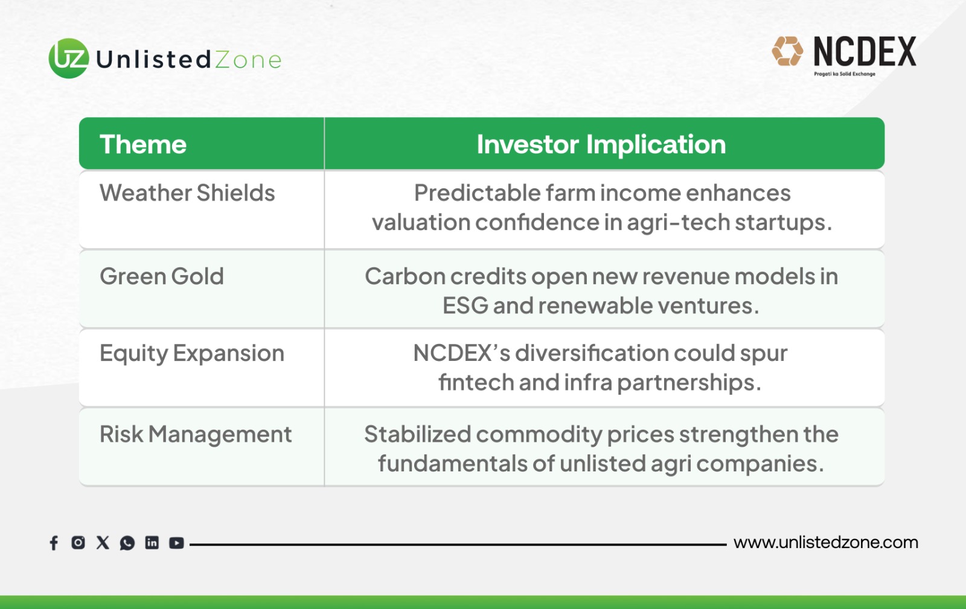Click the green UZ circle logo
tap(69, 58)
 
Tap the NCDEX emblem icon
tap(787, 51)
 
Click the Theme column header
tap(142, 144)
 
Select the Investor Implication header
tap(601, 144)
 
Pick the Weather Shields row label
tap(187, 192)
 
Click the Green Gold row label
tap(162, 276)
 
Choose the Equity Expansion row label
tap(192, 354)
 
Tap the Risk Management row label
tap(196, 434)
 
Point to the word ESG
tap(465, 305)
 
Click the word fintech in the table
tap(476, 382)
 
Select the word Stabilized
tap(417, 434)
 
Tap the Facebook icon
tap(54, 543)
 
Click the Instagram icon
tap(78, 542)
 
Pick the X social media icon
tap(103, 542)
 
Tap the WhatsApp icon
tap(127, 543)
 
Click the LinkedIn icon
tap(152, 542)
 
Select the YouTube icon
tap(176, 543)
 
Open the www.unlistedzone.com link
tap(825, 542)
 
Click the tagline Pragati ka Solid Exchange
tap(845, 74)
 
